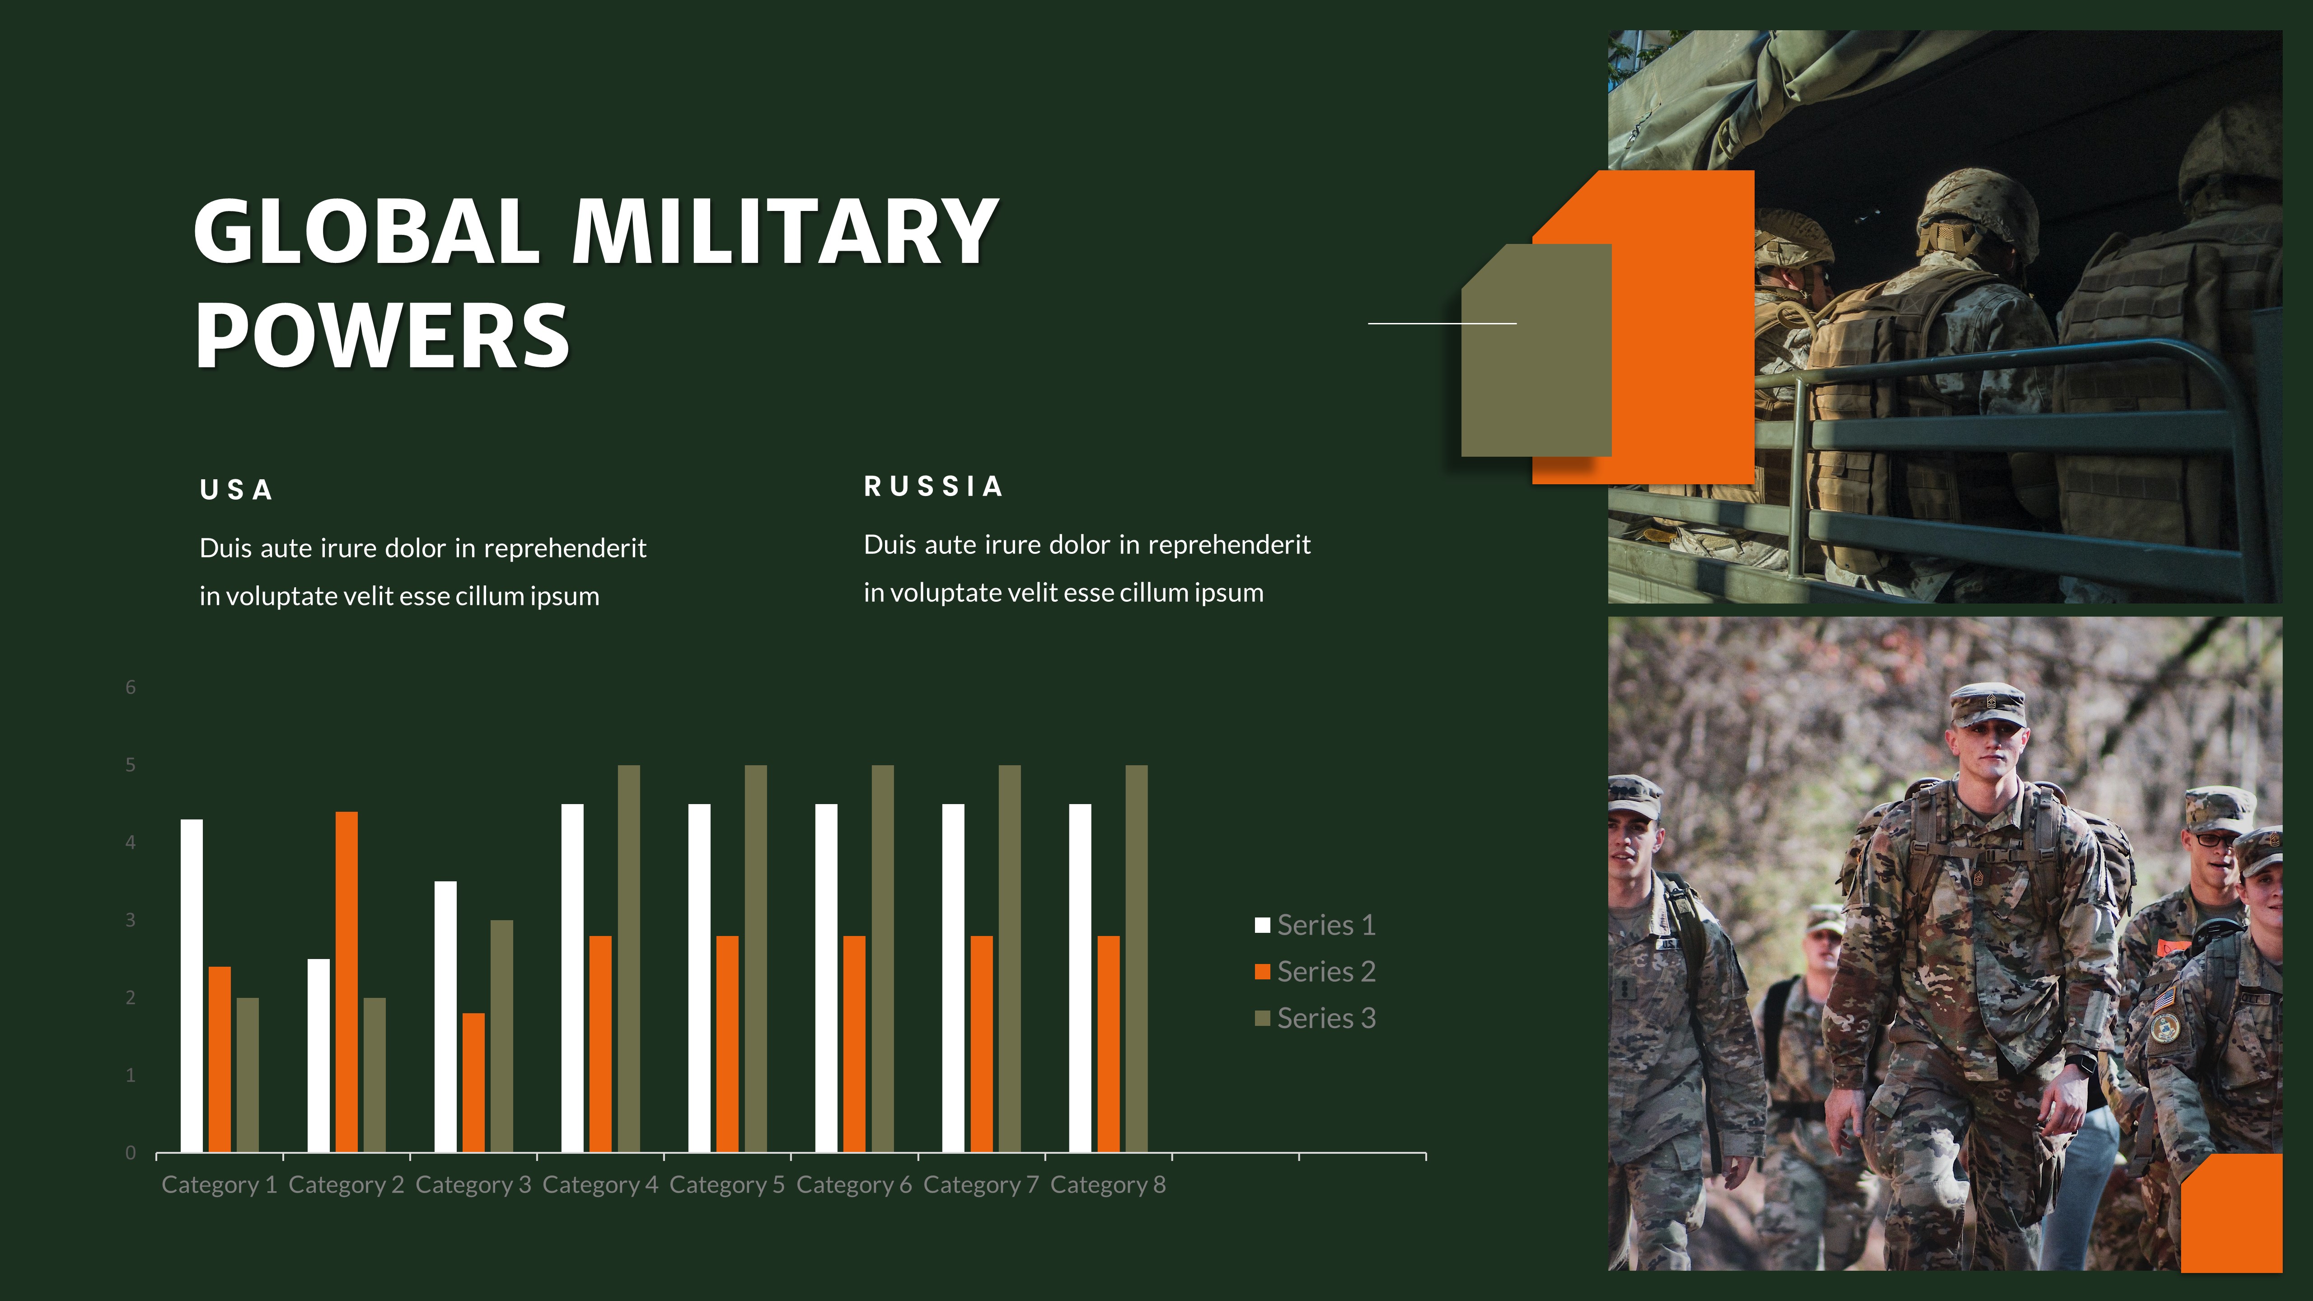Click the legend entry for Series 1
coord(1316,925)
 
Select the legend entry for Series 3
coord(1316,1018)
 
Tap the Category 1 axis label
coord(219,1185)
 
